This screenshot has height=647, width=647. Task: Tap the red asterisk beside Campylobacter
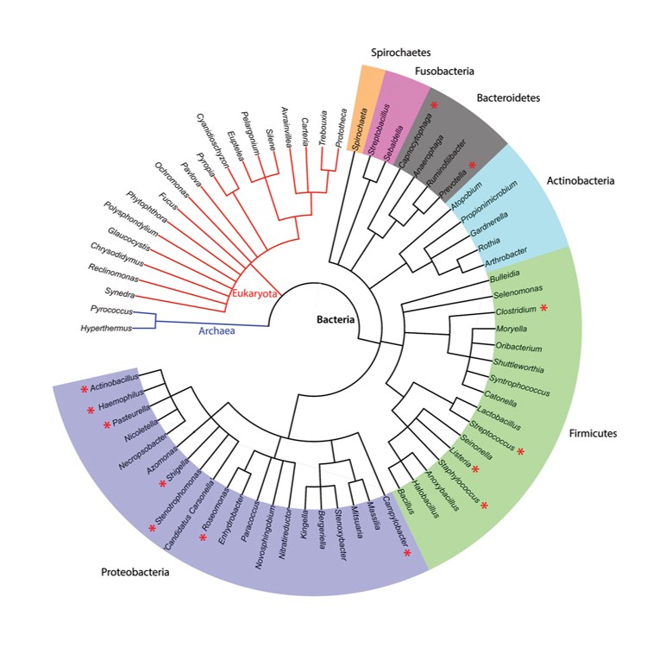407,553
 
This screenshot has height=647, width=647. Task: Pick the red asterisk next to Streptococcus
522,453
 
